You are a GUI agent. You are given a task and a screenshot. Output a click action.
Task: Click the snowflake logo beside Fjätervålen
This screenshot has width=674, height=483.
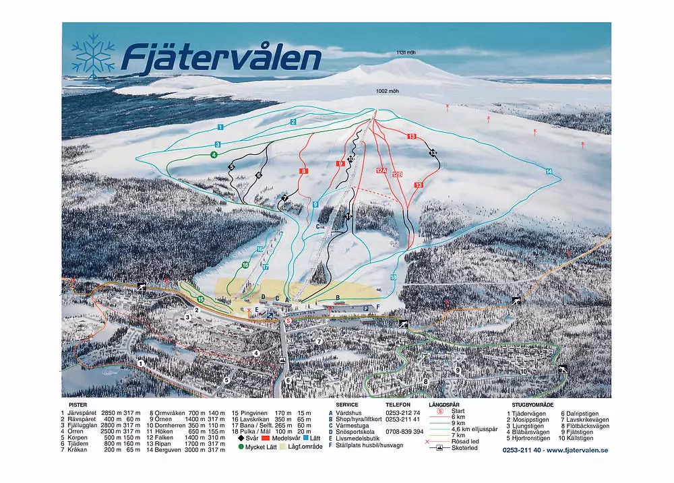93,54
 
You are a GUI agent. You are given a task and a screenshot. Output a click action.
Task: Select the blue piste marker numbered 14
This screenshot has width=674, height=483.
549,172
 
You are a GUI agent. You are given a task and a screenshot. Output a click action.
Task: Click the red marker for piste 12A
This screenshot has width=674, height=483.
381,171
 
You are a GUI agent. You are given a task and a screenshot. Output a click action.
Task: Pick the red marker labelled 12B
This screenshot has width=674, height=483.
398,174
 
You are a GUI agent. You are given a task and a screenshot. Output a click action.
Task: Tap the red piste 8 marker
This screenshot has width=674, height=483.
304,172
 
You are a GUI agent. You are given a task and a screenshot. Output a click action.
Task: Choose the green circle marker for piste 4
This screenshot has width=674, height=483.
213,155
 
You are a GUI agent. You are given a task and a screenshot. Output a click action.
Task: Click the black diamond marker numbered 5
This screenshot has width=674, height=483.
231,166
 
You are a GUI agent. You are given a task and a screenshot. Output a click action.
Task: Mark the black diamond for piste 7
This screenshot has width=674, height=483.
285,198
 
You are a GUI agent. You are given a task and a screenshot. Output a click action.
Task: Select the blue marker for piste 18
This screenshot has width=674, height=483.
393,277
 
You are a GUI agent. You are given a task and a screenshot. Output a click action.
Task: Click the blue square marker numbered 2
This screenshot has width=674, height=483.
293,122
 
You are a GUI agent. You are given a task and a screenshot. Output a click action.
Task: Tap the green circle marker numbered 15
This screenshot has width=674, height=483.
200,299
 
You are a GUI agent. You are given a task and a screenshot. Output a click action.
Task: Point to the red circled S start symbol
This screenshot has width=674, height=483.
288,321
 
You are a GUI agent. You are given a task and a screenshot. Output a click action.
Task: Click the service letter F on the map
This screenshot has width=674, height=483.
379,307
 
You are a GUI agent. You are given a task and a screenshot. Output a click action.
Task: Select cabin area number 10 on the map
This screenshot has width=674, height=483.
522,371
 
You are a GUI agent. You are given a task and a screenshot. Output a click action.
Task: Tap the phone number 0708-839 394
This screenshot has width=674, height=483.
403,431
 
